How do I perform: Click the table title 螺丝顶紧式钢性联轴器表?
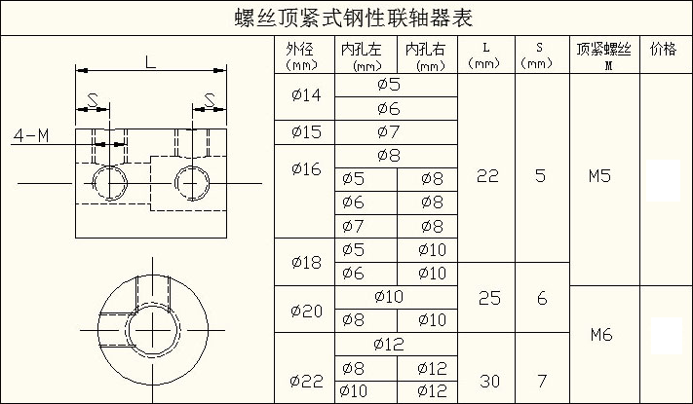point(354,18)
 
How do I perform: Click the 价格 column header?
point(663,49)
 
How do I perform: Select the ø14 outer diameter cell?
point(306,95)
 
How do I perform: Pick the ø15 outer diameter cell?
point(306,132)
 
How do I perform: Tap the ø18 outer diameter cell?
point(306,262)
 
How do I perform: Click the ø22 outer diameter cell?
point(306,381)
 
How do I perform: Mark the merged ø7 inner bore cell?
point(389,131)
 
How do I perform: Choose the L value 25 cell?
point(489,299)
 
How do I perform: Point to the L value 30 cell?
point(489,381)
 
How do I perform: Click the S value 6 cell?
point(542,299)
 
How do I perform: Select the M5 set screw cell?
point(599,176)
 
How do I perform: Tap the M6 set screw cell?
point(601,335)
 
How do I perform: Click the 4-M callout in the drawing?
point(31,135)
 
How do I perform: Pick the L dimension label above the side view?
point(151,61)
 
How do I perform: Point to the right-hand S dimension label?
point(210,100)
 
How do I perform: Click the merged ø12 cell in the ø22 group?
point(389,344)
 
